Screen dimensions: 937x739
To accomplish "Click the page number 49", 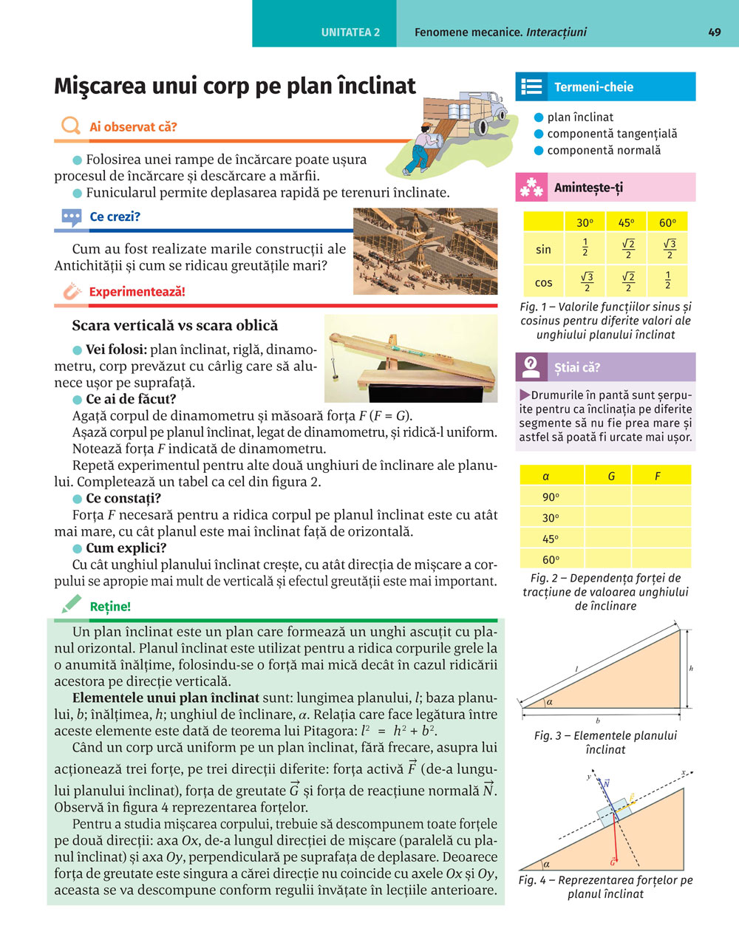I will click(x=714, y=32).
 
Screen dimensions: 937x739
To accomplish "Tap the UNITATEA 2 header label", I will click(x=350, y=33).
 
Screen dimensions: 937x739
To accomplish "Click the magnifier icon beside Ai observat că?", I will click(x=70, y=126).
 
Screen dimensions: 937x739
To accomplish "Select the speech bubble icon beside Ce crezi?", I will click(x=72, y=217).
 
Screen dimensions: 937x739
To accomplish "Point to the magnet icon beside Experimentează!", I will click(x=71, y=291).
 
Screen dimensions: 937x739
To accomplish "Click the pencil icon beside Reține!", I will click(x=71, y=605).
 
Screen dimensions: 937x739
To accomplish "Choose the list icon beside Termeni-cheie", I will click(x=531, y=86).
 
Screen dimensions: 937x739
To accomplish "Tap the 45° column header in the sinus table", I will click(x=626, y=222).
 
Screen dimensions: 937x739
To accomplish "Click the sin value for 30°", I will click(x=585, y=248).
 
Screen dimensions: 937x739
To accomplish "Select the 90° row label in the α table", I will click(x=551, y=497).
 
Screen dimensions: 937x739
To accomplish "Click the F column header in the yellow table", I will click(x=657, y=477).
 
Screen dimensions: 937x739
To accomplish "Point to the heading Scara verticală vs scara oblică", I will click(x=175, y=326).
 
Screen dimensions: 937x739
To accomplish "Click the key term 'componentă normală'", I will click(x=604, y=150).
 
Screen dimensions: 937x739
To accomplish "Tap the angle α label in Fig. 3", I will click(x=549, y=703).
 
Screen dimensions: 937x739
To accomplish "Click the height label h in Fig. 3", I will click(x=691, y=668).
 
